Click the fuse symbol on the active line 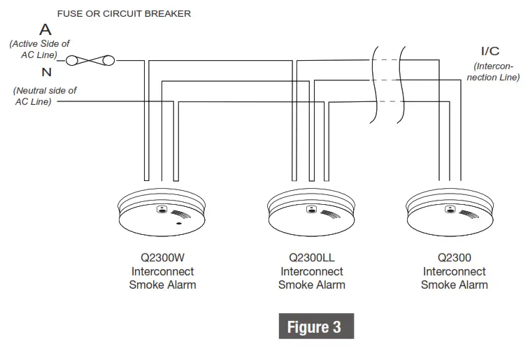click(90, 61)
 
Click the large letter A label click(45, 30)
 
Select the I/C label click(490, 51)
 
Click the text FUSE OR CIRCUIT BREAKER click(124, 13)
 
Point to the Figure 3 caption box click(314, 327)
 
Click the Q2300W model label click(162, 257)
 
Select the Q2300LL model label click(312, 257)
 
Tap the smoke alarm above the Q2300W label click(162, 213)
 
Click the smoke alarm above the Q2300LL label click(312, 213)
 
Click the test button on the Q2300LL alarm click(311, 209)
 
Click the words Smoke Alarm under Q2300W click(162, 285)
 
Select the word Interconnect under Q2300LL click(312, 271)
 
